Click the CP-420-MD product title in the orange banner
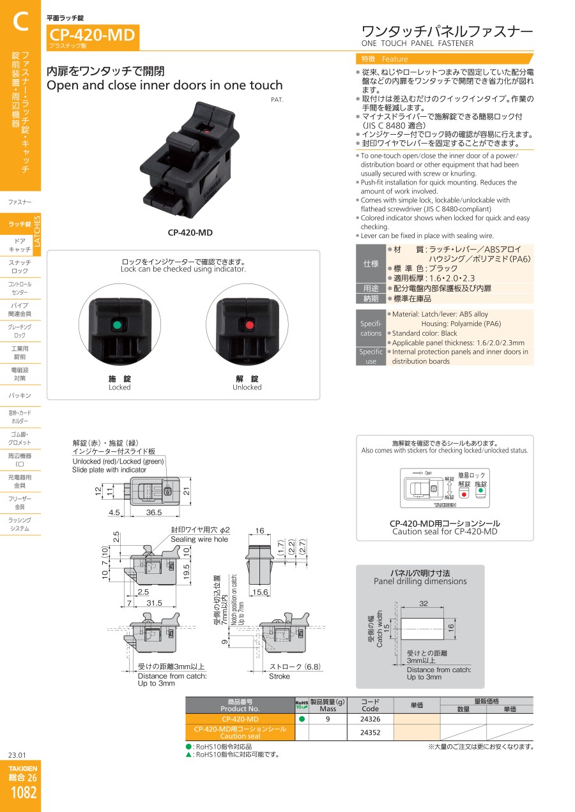tap(92, 35)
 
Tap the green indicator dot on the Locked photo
tap(117, 325)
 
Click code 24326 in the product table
tap(370, 719)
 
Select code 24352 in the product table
tap(370, 733)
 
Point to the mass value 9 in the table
tap(327, 719)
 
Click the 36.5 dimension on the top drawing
tap(154, 512)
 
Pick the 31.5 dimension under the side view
tap(155, 603)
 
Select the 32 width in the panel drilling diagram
tap(423, 603)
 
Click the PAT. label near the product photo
tap(277, 100)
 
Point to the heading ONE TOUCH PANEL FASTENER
tap(417, 43)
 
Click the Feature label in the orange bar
tap(394, 59)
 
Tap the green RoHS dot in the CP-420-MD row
tap(302, 719)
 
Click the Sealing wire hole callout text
tap(199, 539)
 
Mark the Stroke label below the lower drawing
tap(279, 676)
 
